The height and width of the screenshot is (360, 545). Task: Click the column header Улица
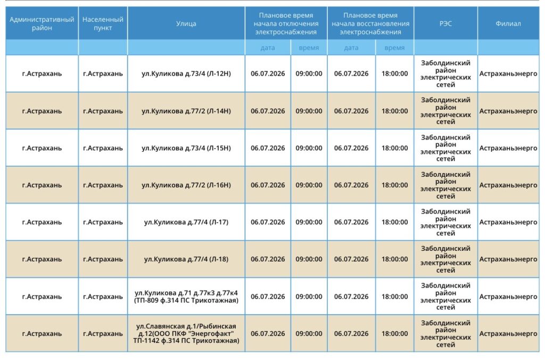(186, 23)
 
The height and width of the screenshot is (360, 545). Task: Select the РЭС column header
(445, 23)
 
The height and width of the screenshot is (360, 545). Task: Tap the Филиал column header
(508, 23)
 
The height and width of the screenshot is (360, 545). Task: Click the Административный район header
(42, 23)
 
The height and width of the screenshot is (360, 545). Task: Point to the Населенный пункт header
(103, 23)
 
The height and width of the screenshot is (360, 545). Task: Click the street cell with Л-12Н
(186, 73)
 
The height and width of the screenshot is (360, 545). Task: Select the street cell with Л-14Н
(186, 111)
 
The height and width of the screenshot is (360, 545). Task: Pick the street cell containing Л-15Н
(186, 148)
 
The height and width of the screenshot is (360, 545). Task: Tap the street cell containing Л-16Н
(186, 185)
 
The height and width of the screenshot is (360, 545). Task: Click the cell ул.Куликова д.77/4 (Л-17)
(186, 222)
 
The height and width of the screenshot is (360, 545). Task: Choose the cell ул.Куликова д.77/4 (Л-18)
(186, 259)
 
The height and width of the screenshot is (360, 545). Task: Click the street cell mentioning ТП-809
(186, 296)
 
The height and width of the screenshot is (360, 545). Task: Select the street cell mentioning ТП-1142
(186, 333)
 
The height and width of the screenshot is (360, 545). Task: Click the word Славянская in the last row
(165, 326)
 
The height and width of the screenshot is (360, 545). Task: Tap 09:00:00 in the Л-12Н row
(309, 73)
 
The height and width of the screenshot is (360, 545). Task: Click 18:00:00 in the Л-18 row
(394, 259)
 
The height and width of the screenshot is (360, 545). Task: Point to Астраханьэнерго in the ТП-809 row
(508, 297)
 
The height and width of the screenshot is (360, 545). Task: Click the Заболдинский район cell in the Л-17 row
(445, 222)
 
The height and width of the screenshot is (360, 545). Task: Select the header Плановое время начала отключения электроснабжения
(286, 23)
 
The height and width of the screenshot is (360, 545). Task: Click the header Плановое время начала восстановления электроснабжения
(370, 23)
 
